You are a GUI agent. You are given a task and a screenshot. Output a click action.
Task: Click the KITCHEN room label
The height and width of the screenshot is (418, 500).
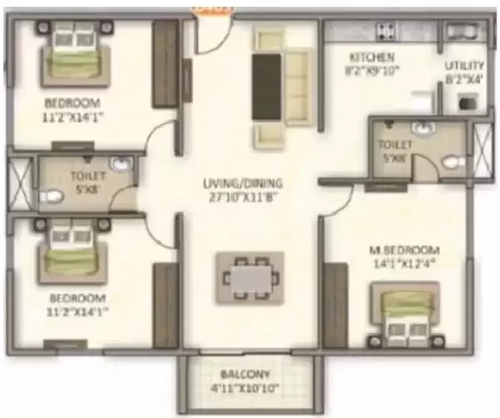point(366,57)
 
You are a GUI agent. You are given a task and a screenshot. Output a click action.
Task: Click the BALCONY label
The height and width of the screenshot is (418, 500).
point(245,374)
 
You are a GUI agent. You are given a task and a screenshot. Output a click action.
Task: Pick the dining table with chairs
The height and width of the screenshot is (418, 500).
point(249,276)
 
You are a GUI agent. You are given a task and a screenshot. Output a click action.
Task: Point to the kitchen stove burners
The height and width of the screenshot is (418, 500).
point(386,32)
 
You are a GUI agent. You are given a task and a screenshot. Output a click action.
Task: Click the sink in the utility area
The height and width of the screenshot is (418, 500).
point(460,32)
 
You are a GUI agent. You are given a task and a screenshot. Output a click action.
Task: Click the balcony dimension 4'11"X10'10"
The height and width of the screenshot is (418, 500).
point(245,388)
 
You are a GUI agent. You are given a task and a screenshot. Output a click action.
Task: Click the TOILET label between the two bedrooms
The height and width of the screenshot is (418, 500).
point(87,176)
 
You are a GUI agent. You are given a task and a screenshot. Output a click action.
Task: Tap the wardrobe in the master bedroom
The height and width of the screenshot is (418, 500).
point(335,300)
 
